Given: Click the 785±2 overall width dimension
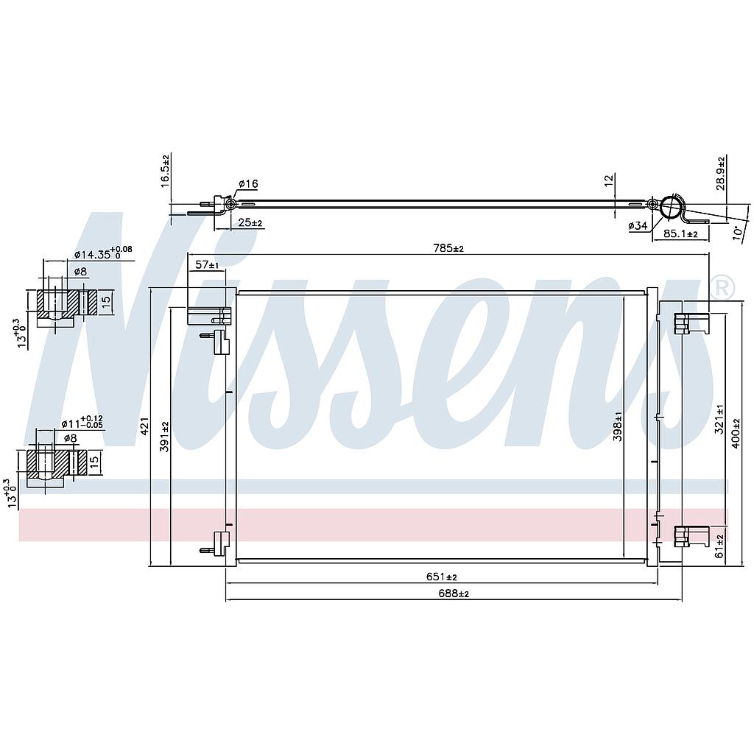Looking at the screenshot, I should coord(448,248).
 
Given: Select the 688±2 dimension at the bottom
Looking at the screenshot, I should coord(454,593).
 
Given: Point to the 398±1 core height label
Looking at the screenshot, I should coord(617,425).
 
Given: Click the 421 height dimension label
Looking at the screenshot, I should coord(144,425).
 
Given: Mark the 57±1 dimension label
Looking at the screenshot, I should coord(207,264).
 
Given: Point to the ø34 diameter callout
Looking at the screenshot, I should coord(638,226).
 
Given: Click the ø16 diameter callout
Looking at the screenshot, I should coord(248,183).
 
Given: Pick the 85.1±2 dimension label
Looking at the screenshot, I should coord(680,234).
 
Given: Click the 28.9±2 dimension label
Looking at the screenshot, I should coord(722,173).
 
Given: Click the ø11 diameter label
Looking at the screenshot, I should coord(81,423).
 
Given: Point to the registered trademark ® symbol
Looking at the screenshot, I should coord(722,287).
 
